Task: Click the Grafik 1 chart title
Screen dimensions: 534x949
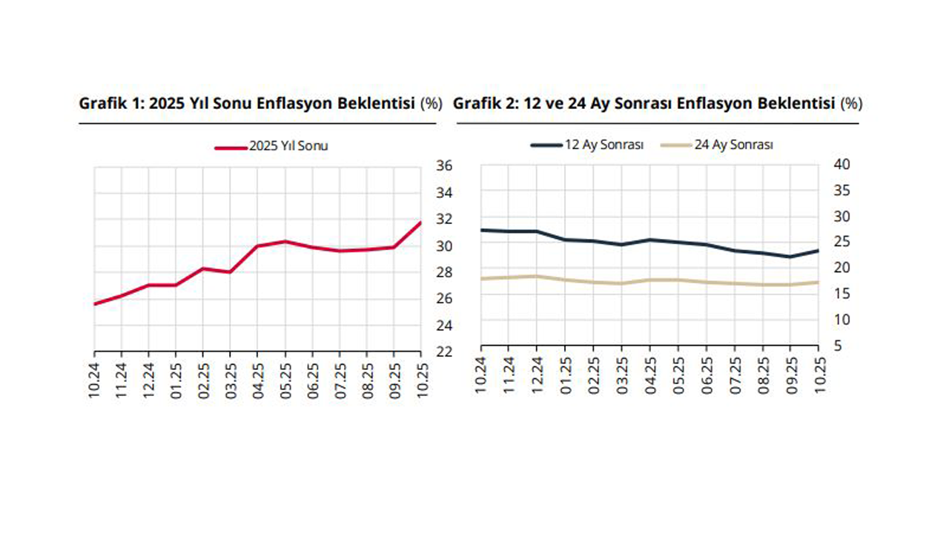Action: [259, 104]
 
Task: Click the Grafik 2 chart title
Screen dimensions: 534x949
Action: [657, 104]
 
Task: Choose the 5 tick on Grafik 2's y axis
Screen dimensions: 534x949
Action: [833, 346]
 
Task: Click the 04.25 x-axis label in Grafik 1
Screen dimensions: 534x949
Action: [258, 380]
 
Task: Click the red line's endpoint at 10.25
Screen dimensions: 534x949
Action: [420, 222]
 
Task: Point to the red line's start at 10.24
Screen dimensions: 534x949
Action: [95, 304]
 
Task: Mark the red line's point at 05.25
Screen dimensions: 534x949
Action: [285, 241]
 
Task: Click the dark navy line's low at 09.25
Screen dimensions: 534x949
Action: [790, 257]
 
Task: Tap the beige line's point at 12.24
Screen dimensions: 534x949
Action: [537, 276]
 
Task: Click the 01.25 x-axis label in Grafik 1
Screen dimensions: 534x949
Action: [176, 380]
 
